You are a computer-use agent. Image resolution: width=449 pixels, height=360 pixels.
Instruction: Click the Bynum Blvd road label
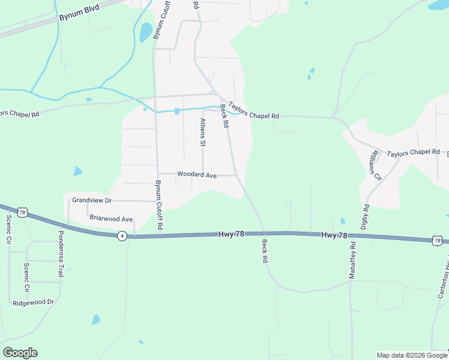click(78, 13)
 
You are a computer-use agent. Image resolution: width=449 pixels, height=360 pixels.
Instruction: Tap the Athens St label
click(203, 132)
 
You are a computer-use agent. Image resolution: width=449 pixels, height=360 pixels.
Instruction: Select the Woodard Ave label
click(196, 175)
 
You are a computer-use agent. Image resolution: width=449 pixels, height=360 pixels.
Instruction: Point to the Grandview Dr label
click(92, 200)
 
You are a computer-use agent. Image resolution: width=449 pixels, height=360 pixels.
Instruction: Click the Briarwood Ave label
click(110, 218)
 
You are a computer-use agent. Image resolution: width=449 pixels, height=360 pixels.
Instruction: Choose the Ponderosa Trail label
click(61, 253)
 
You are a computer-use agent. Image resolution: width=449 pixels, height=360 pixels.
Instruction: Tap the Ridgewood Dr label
click(33, 303)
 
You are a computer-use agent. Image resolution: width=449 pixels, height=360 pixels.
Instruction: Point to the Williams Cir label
click(375, 166)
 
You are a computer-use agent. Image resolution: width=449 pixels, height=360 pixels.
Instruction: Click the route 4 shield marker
click(122, 236)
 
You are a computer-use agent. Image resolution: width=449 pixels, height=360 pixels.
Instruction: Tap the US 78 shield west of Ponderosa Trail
click(22, 212)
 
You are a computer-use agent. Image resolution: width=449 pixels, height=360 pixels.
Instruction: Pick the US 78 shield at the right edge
click(437, 241)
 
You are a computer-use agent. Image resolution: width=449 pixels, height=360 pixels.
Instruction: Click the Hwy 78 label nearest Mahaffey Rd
click(334, 235)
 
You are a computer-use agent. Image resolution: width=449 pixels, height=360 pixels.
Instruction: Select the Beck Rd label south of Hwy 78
click(264, 252)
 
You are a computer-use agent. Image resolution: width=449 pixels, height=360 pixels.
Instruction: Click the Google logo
click(20, 353)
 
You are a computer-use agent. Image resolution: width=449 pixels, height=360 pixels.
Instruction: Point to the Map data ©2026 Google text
click(411, 355)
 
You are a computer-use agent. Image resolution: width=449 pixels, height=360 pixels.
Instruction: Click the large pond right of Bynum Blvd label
click(145, 32)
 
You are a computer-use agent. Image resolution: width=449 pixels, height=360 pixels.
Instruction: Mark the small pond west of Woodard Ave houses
click(77, 172)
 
